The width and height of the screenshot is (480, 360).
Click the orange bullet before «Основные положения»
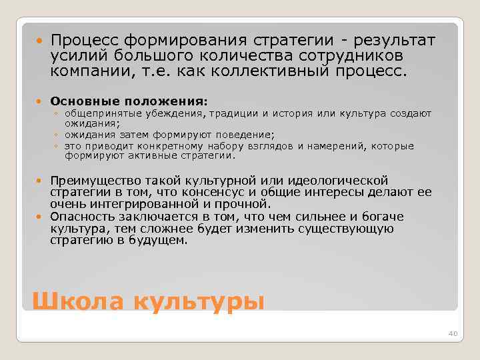tap(41, 101)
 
